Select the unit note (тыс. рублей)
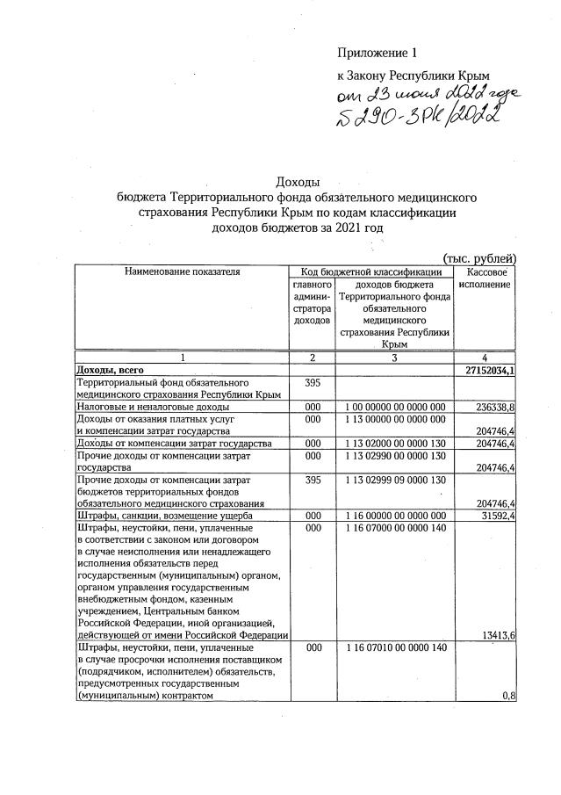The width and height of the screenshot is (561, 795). click(480, 257)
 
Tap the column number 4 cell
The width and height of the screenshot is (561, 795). click(485, 358)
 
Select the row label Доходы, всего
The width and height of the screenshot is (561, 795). click(111, 371)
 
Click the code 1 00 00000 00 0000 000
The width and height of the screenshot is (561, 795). click(396, 408)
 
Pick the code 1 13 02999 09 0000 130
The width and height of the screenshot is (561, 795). click(396, 481)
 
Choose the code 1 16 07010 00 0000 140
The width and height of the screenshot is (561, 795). click(396, 647)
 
